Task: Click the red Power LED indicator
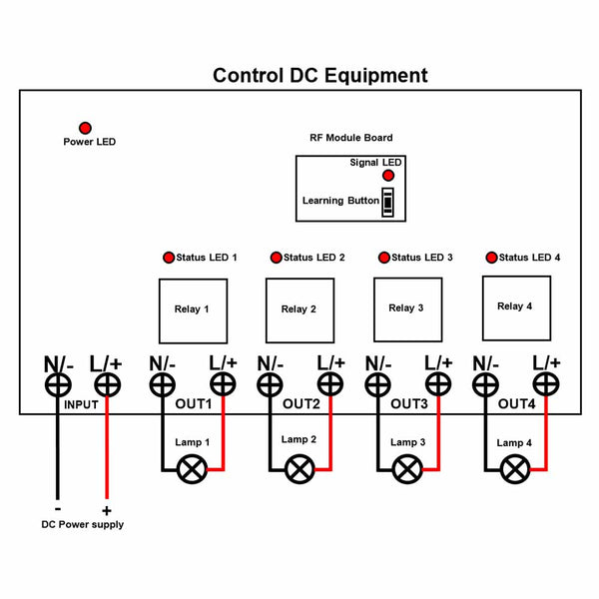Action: [x=85, y=128]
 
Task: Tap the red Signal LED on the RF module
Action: [x=388, y=176]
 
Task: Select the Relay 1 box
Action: [x=193, y=308]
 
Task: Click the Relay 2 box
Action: [x=299, y=308]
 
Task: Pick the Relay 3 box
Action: [x=406, y=307]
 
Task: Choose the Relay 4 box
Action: [x=514, y=305]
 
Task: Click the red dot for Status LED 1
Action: [x=168, y=257]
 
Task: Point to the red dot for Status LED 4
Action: [x=491, y=257]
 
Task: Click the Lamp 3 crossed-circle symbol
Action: [x=406, y=468]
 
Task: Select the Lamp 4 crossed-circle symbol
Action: [x=514, y=468]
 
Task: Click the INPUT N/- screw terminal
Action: [x=58, y=385]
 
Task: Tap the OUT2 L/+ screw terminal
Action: [x=330, y=385]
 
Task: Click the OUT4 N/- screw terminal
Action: [x=485, y=385]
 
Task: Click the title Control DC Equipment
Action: [x=319, y=76]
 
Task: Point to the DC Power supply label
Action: [x=82, y=524]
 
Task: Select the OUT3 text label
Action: [x=408, y=404]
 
